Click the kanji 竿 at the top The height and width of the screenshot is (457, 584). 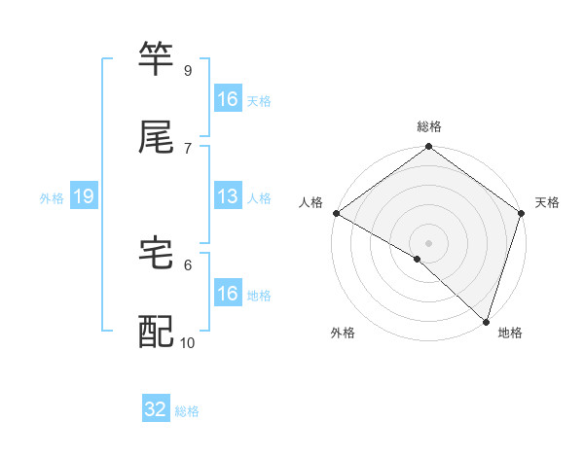click(157, 58)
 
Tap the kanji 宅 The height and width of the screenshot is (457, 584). click(157, 253)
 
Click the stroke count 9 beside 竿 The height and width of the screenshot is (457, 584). click(187, 71)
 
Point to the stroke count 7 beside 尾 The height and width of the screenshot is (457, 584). click(187, 148)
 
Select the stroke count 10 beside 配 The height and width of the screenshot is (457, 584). click(188, 342)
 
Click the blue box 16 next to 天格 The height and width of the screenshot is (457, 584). click(228, 99)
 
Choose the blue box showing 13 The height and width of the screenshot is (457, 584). click(228, 196)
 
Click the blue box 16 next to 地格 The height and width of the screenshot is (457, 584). click(228, 294)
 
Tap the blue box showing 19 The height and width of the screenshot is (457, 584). click(84, 196)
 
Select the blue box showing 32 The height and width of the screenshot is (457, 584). click(156, 409)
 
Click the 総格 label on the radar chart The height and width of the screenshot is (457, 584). click(429, 126)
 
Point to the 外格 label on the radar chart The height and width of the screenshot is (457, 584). click(343, 334)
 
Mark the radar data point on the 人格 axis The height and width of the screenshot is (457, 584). click(336, 213)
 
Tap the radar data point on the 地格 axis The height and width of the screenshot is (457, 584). click(486, 322)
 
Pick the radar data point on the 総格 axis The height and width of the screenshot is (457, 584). click(428, 148)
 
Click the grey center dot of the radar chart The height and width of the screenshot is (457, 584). click(428, 242)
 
